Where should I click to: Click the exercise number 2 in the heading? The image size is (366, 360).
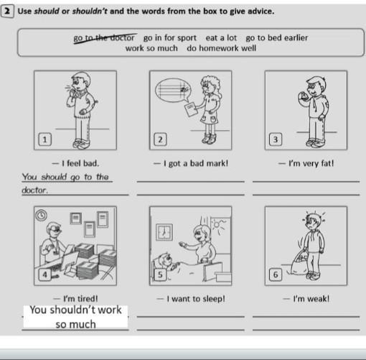[6, 11]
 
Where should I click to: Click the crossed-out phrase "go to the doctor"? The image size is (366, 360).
[104, 38]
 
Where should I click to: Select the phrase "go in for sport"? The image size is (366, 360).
[170, 38]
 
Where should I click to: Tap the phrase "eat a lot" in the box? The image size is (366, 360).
[221, 38]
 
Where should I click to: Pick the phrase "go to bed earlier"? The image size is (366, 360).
[277, 38]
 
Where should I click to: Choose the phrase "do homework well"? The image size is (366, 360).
[222, 48]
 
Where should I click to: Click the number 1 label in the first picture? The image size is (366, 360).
[44, 139]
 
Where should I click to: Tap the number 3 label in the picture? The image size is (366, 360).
[276, 139]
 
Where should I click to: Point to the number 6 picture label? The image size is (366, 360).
[276, 274]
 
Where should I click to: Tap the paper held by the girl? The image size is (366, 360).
[191, 109]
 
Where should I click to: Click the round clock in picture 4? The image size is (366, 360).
[41, 215]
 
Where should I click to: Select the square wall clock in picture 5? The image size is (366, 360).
[164, 232]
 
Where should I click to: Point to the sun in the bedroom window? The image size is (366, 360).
[217, 224]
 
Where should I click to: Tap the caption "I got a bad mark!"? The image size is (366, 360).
[191, 164]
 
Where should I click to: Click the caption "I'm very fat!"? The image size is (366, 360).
[306, 164]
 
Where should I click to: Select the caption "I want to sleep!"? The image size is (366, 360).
[191, 299]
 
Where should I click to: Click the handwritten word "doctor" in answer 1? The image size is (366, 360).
[34, 190]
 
